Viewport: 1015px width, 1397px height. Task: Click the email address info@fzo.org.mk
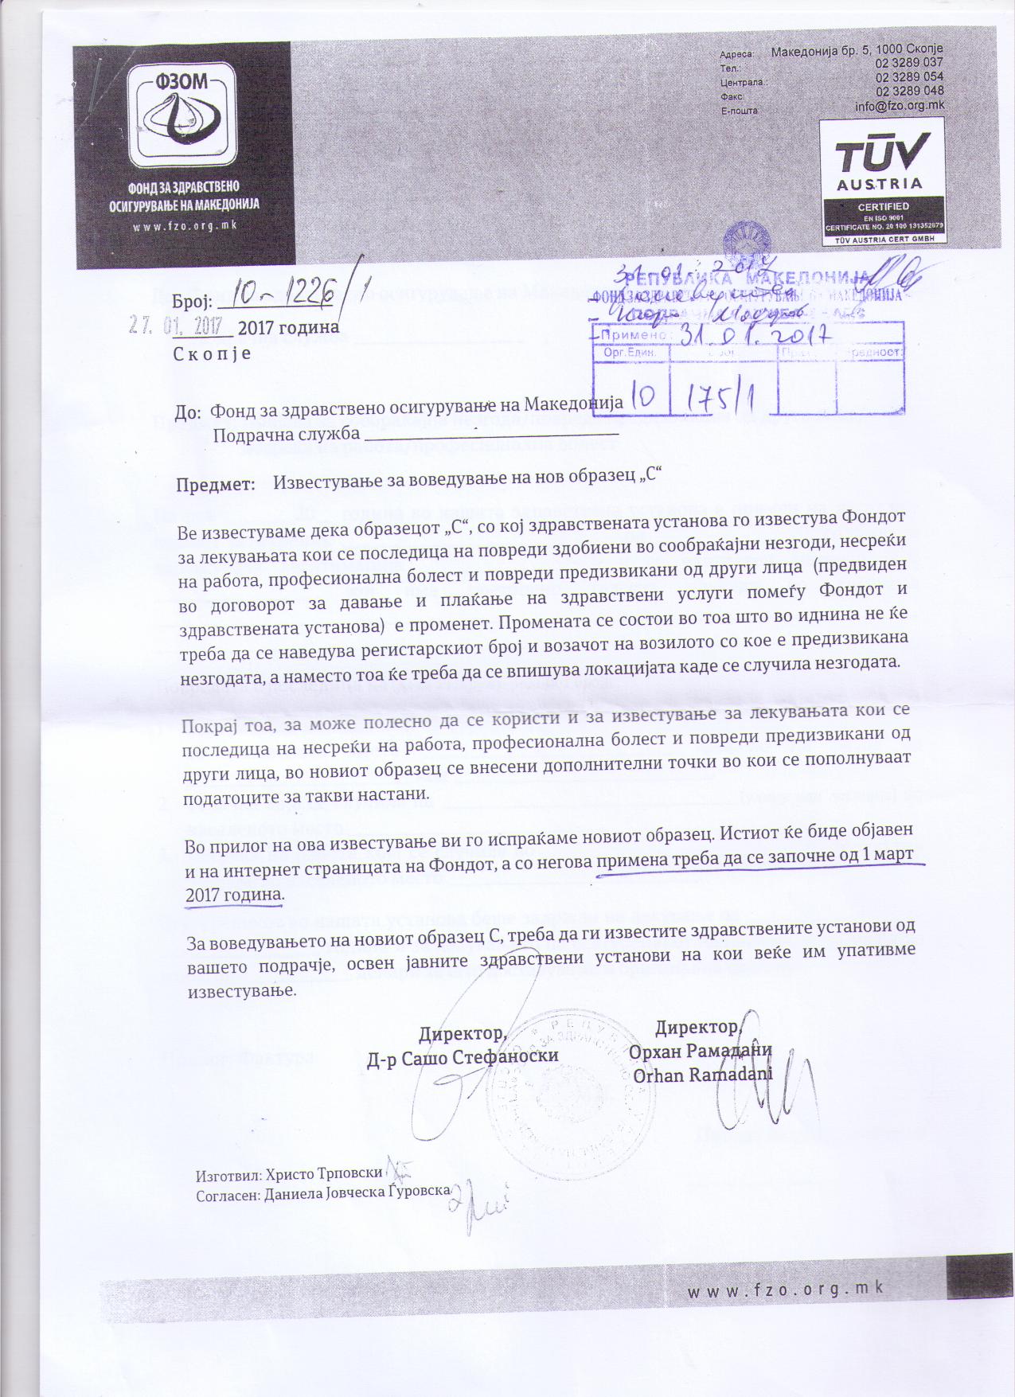click(900, 106)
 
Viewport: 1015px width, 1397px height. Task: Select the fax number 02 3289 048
click(909, 92)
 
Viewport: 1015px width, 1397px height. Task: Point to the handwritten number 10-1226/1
click(291, 295)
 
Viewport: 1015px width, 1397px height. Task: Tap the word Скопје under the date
click(213, 353)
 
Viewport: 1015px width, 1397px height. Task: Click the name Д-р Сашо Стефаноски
click(463, 1056)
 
